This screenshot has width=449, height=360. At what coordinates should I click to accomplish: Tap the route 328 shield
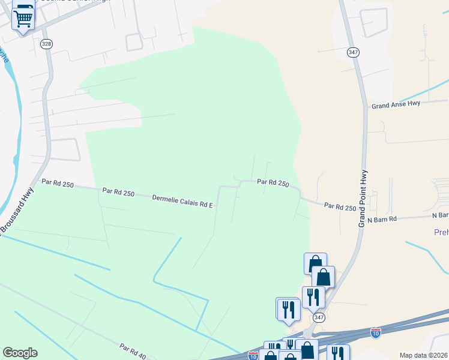[46, 44]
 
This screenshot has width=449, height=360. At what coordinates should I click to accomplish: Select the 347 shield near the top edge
[353, 53]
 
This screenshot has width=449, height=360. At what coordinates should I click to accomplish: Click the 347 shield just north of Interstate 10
[319, 317]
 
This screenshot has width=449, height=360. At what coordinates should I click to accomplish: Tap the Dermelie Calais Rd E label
[183, 201]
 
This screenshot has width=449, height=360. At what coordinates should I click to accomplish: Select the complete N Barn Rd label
[382, 220]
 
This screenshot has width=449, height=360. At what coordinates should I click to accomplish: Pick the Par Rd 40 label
[133, 351]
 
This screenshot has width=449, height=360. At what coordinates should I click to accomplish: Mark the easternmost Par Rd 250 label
[340, 207]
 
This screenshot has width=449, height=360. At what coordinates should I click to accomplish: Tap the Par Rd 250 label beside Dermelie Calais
[118, 193]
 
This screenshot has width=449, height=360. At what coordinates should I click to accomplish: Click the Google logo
[20, 353]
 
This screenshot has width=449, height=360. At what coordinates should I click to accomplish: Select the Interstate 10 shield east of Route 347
[376, 331]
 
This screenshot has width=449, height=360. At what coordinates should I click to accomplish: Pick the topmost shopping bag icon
[315, 263]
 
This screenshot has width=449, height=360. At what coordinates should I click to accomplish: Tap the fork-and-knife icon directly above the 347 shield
[313, 296]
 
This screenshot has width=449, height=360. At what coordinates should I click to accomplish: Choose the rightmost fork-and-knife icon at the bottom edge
[339, 354]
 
